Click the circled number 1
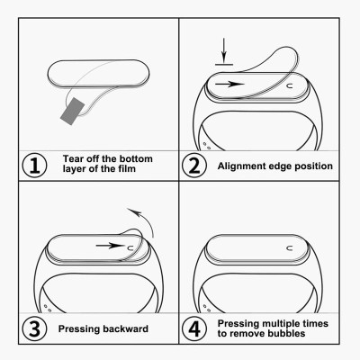point(34,165)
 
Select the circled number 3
point(34,328)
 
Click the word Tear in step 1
point(76,158)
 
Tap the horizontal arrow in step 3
point(110,243)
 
